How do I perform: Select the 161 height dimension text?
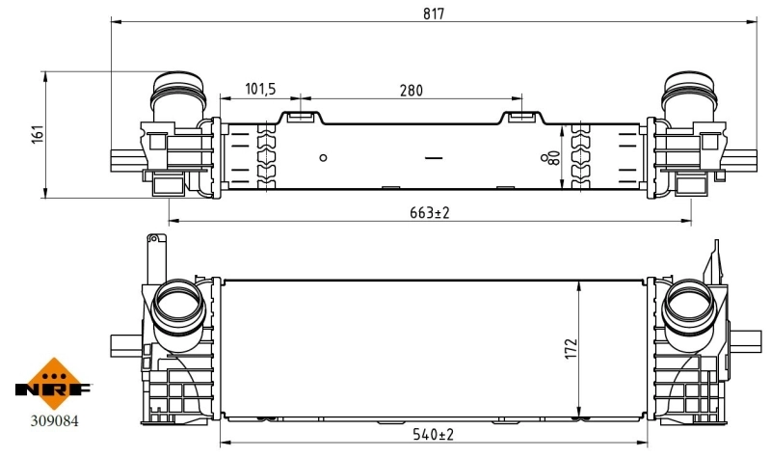pos(39,133)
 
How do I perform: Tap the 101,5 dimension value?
pos(259,90)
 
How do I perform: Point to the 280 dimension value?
pos(412,90)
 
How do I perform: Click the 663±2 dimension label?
pos(429,213)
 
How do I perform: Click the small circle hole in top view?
pos(324,158)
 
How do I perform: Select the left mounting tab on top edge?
pos(300,118)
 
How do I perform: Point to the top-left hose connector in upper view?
pos(177,96)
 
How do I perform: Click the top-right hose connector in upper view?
pos(686,96)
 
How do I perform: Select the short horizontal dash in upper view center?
pos(433,156)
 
